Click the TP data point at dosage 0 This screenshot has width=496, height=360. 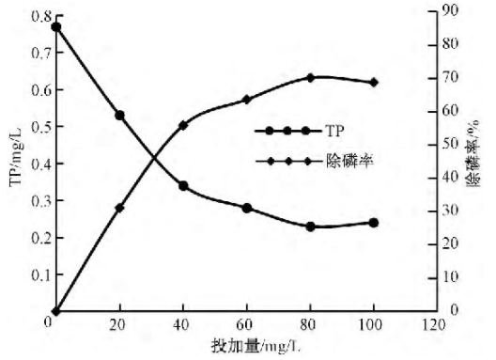point(56,26)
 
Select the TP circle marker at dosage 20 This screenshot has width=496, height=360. point(119,115)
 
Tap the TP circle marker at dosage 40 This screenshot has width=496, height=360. point(183,186)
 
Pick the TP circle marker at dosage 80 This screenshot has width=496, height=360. point(310,227)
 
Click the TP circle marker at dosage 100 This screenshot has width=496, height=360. point(374,223)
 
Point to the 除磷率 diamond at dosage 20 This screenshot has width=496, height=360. point(119,208)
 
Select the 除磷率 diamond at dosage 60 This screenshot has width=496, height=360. point(246,99)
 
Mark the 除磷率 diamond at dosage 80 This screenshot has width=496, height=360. point(310,77)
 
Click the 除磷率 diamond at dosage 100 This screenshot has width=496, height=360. point(374,82)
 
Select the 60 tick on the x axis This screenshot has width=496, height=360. point(246,324)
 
